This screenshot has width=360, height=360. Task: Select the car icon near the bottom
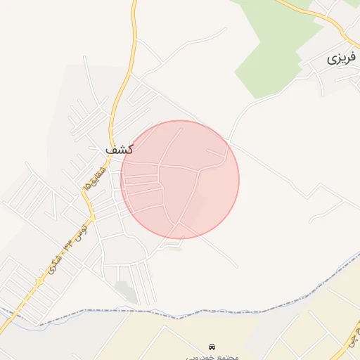pos(212,347)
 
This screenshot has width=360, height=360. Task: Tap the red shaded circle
pos(180,179)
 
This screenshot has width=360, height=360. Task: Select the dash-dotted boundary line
pos(211,309)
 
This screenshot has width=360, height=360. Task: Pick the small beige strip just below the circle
pos(175,247)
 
